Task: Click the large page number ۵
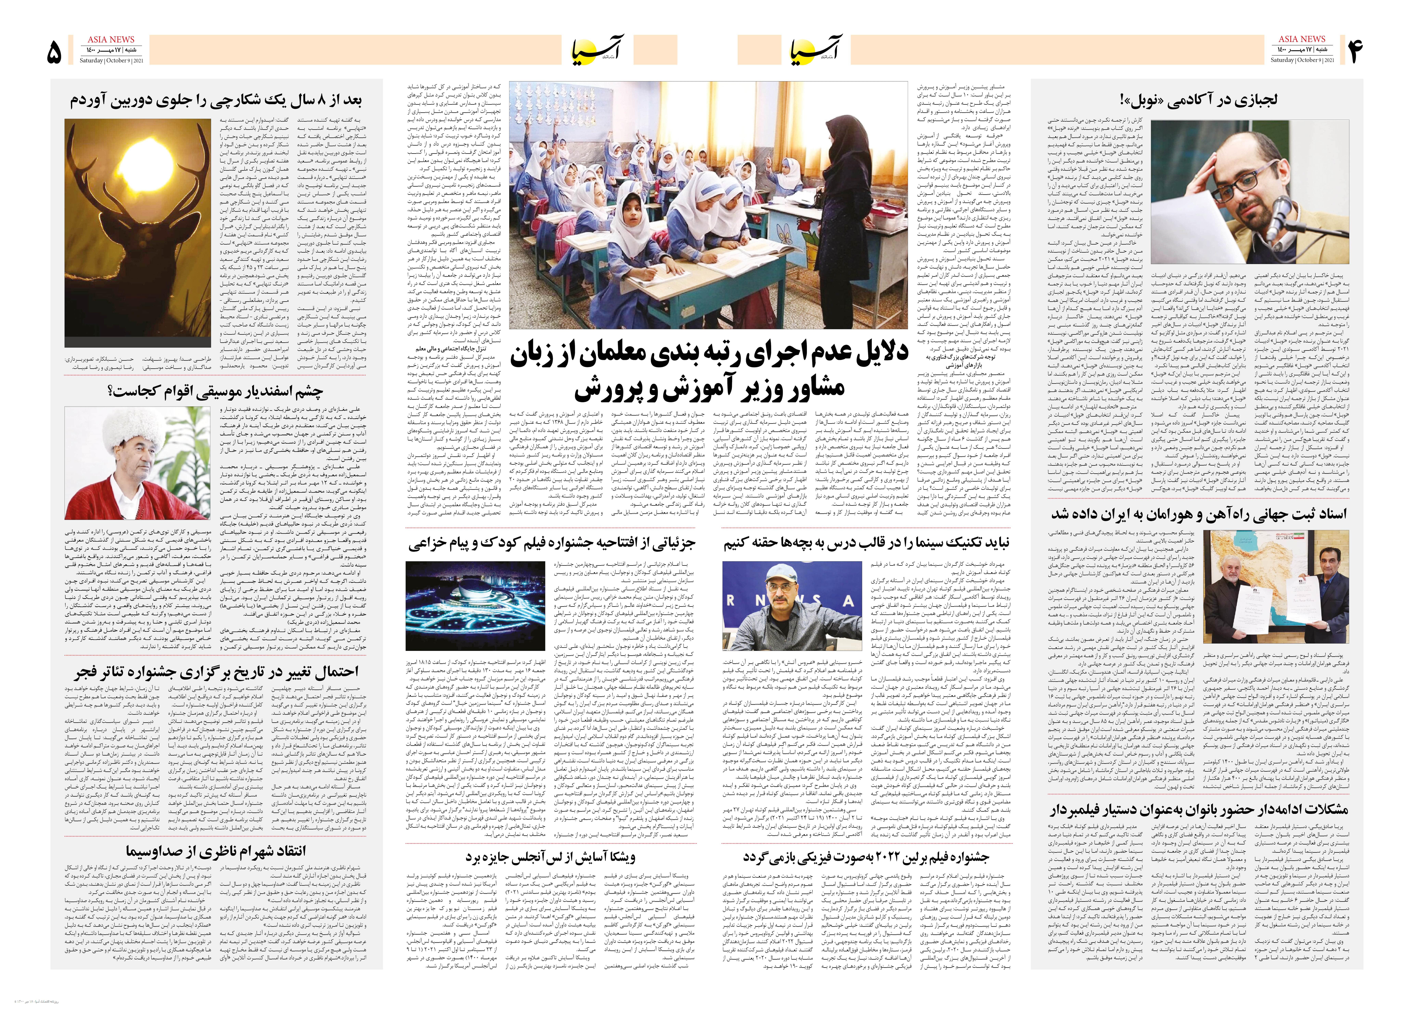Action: pos(55,52)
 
